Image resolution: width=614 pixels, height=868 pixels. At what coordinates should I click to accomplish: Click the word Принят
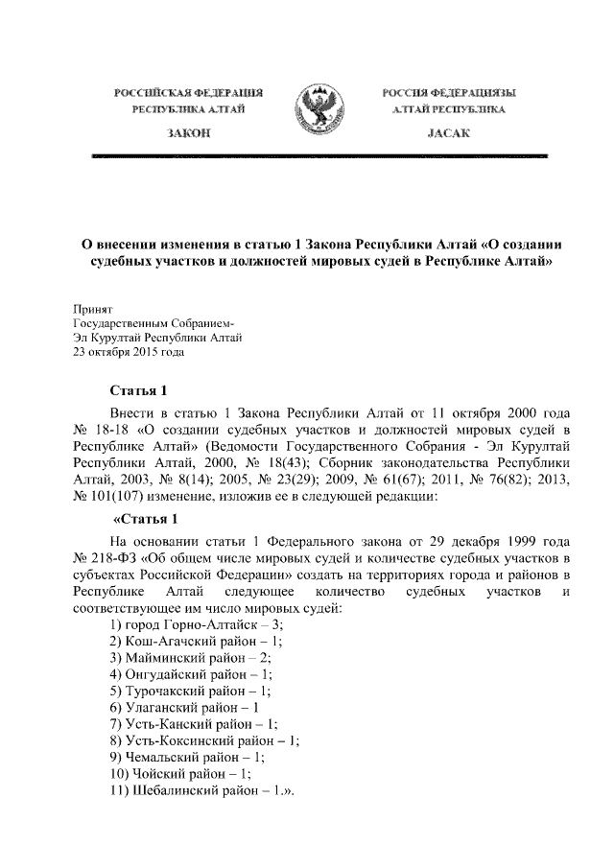tap(93, 310)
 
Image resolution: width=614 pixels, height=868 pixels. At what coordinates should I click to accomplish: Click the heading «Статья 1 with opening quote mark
tap(146, 520)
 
